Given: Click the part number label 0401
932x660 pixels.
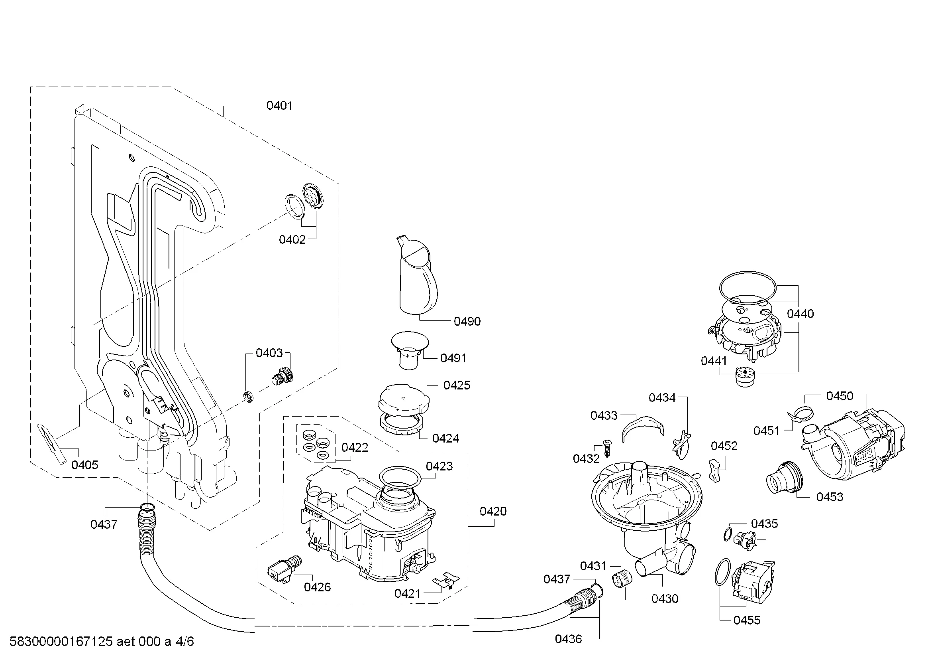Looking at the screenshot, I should (x=279, y=106).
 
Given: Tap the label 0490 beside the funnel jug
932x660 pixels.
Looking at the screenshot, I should (x=467, y=322).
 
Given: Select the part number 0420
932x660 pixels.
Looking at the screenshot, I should (x=493, y=511).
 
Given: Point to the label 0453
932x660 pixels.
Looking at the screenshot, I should (x=830, y=497).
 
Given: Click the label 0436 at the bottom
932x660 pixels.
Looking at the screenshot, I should (x=568, y=639).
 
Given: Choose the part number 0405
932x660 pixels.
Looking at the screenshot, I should (x=85, y=465).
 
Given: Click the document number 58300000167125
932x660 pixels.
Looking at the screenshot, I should (x=61, y=642).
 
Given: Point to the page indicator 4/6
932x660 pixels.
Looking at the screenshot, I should (x=185, y=642).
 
